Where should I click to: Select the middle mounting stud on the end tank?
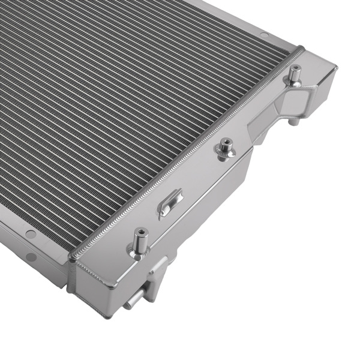tap(226, 148)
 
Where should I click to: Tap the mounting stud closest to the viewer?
tap(140, 240)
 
